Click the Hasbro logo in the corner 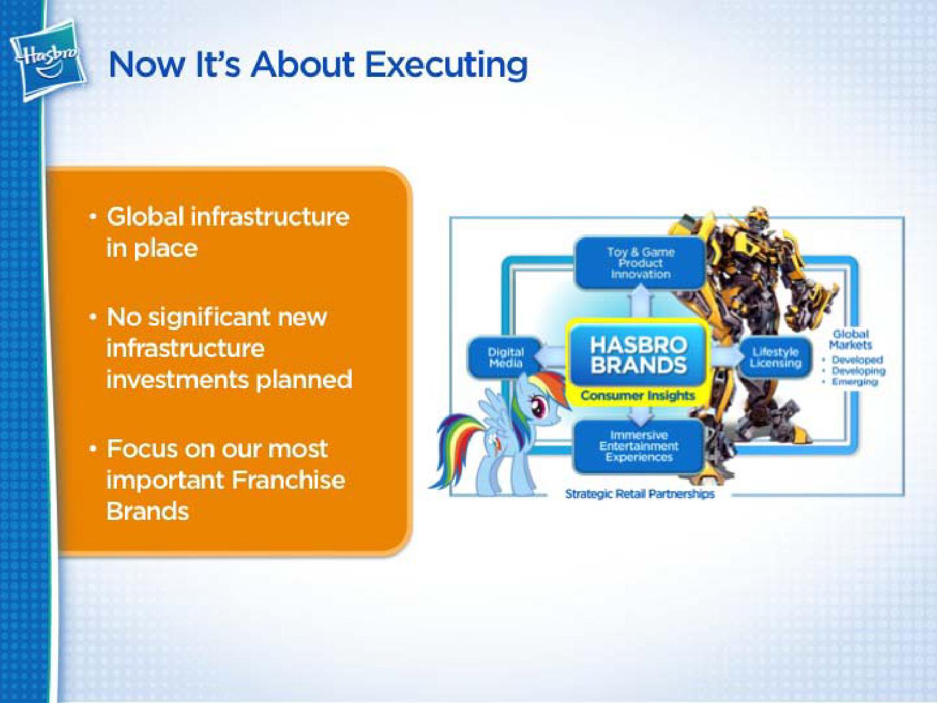click(x=48, y=61)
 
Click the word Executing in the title click(x=447, y=67)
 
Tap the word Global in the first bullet click(x=145, y=216)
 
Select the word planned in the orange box click(x=304, y=381)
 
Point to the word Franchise click(x=289, y=479)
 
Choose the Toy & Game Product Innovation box click(x=640, y=263)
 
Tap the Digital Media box click(x=505, y=357)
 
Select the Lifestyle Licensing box click(x=776, y=357)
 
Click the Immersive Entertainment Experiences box click(x=638, y=446)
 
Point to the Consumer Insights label click(x=638, y=396)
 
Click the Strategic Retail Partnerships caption click(x=640, y=494)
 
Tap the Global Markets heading click(x=850, y=339)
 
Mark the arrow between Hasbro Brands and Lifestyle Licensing click(x=725, y=355)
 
